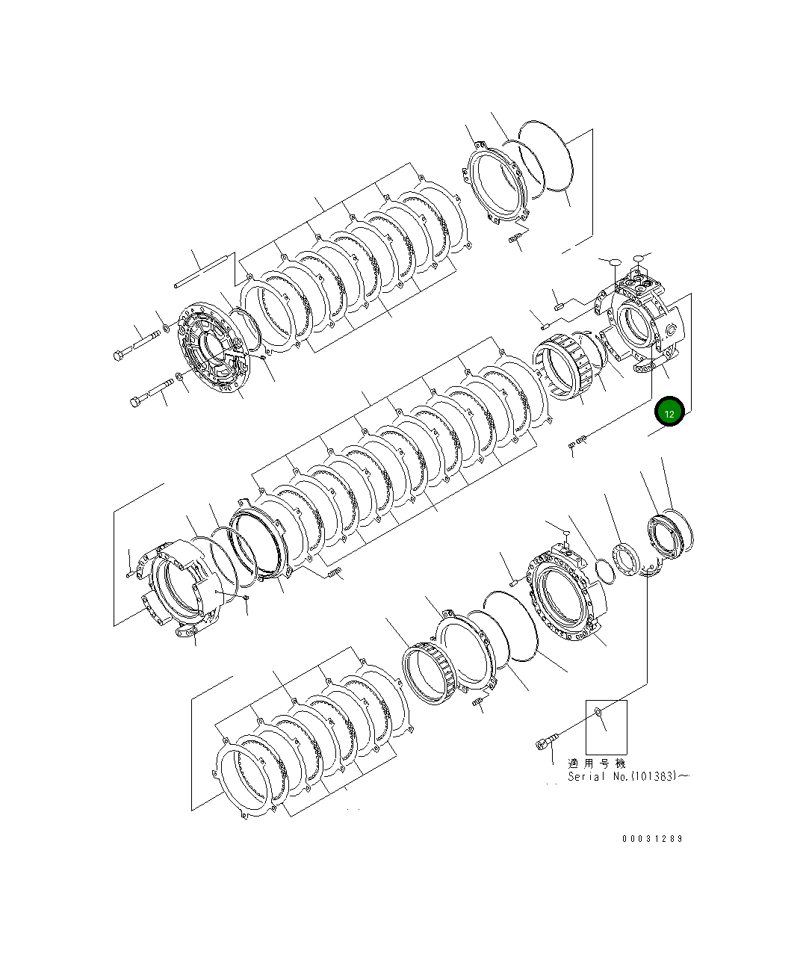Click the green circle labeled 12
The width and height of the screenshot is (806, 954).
669,412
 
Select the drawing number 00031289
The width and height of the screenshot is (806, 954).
652,838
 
